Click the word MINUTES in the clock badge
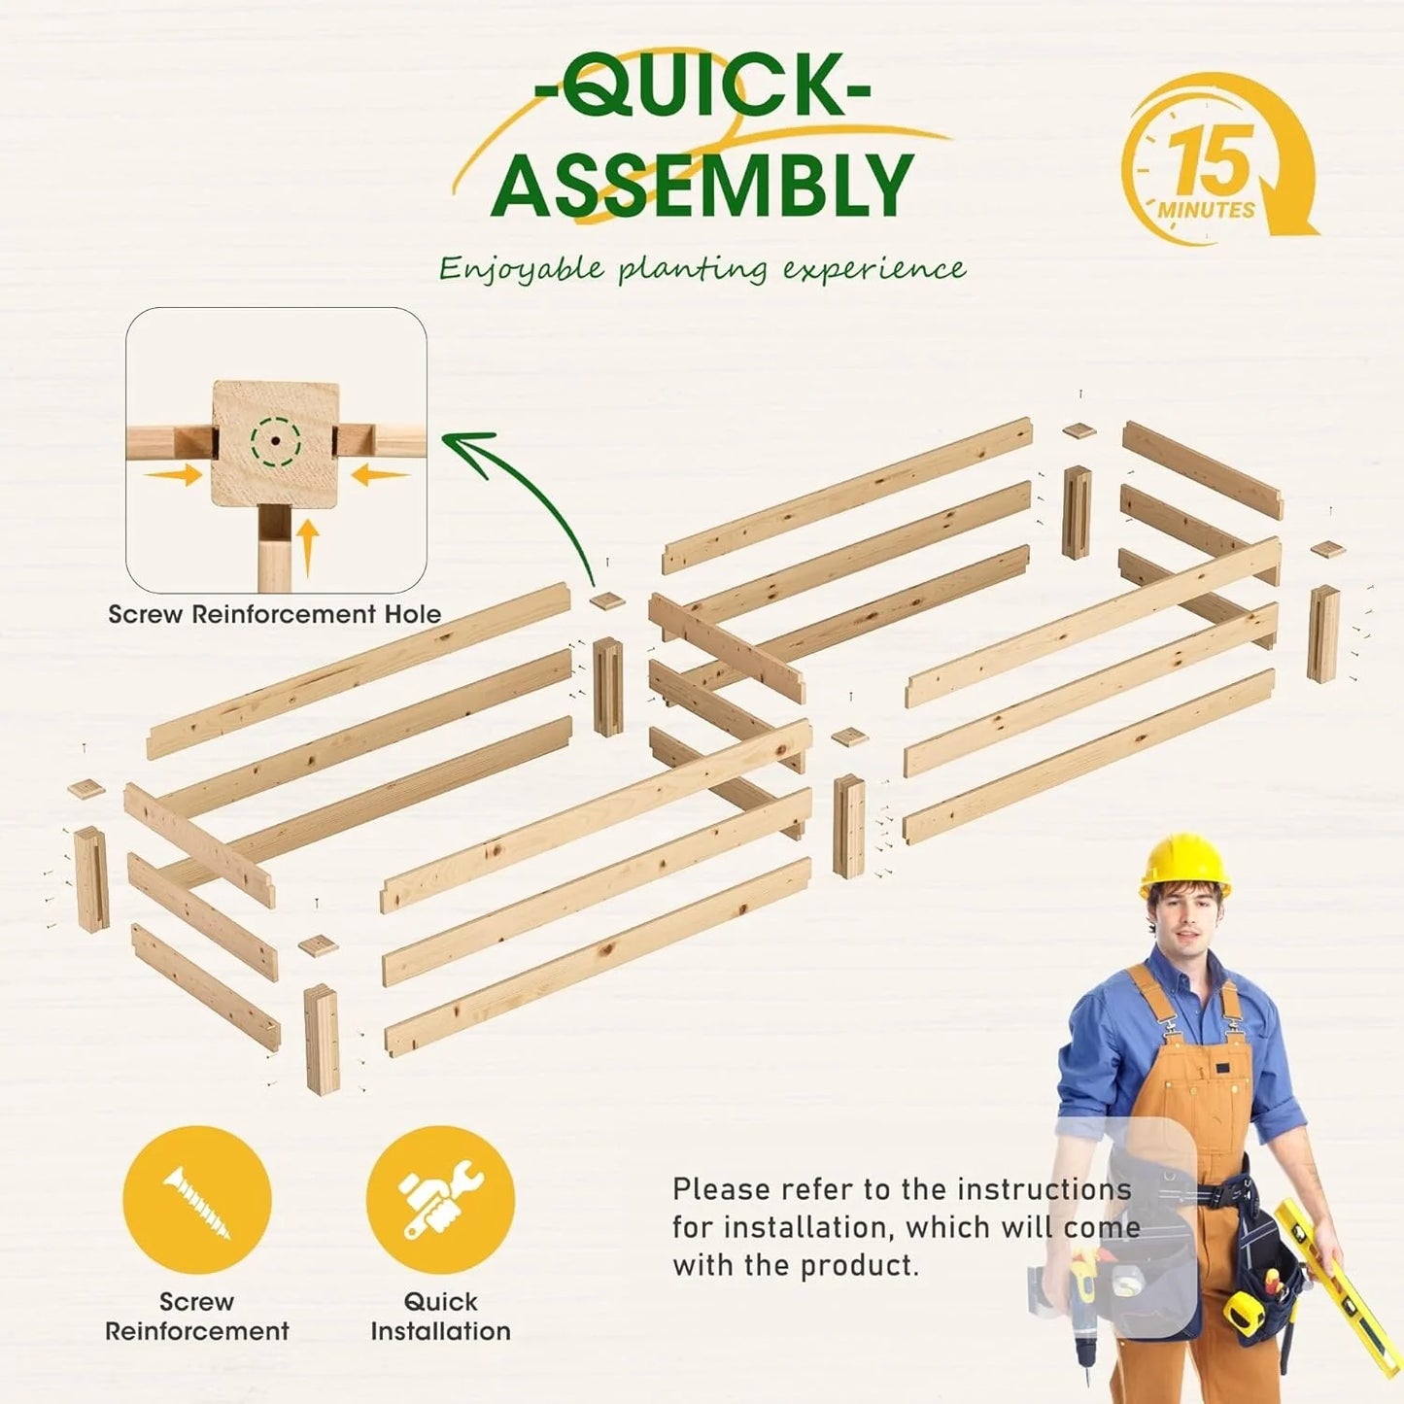pyautogui.click(x=1206, y=211)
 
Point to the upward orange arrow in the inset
pyautogui.click(x=308, y=546)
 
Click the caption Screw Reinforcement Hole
pyautogui.click(x=275, y=613)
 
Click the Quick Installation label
pyautogui.click(x=440, y=1317)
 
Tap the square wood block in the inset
pyautogui.click(x=275, y=442)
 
